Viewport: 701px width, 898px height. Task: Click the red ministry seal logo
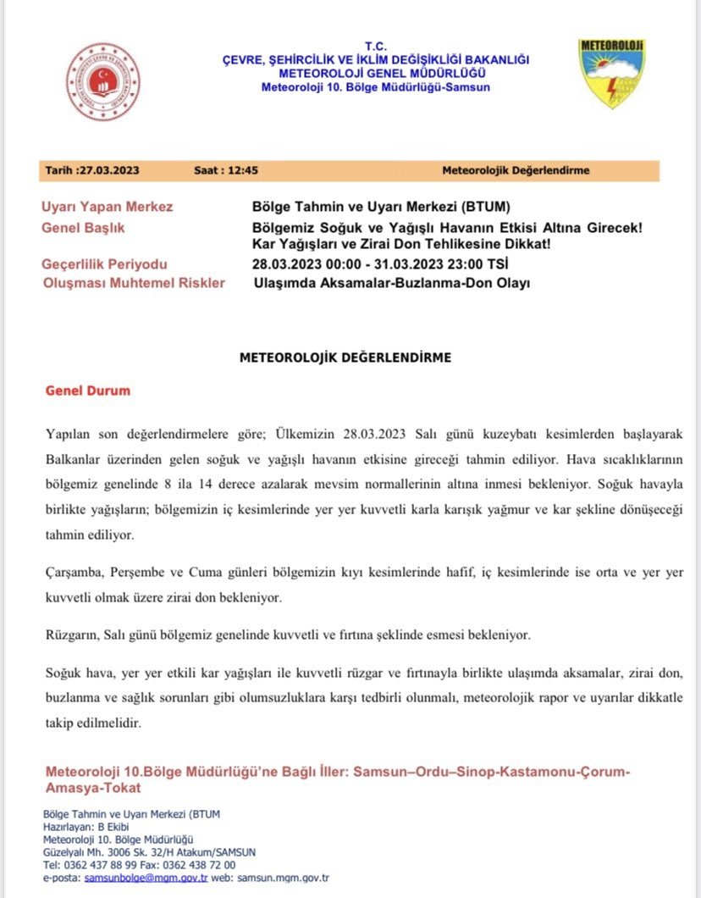click(x=102, y=81)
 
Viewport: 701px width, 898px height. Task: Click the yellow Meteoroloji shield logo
click(x=611, y=73)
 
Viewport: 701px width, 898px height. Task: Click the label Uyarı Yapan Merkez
click(x=107, y=208)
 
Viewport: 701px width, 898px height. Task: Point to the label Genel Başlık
click(x=89, y=228)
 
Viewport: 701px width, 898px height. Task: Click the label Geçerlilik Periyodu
click(x=104, y=264)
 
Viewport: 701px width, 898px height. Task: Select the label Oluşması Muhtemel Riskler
click(x=133, y=283)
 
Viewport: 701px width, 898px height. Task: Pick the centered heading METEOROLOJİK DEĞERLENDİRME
click(x=345, y=358)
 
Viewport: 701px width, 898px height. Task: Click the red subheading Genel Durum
click(x=87, y=391)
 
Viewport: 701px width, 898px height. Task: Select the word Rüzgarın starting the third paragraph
click(x=73, y=634)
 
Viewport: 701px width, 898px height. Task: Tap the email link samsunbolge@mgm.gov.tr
click(x=146, y=879)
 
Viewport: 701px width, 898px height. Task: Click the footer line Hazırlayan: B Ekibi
click(x=80, y=826)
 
